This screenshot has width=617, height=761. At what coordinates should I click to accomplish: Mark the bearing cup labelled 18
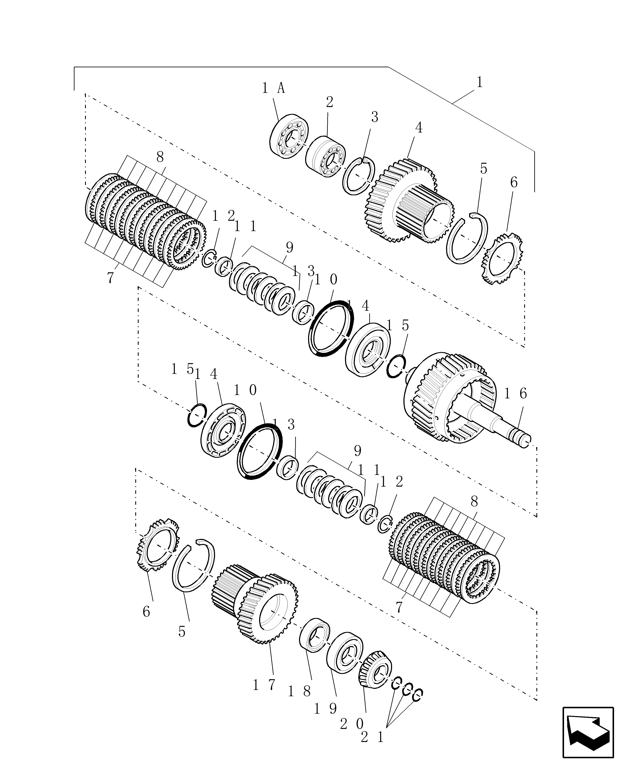(314, 635)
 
